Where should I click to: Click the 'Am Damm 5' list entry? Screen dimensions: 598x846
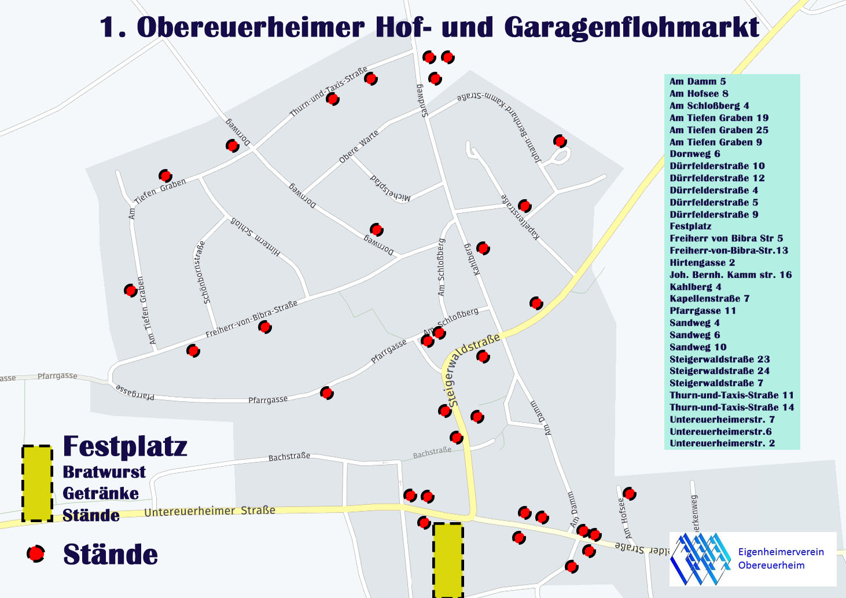pos(697,82)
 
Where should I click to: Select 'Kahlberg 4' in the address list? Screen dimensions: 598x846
pos(696,287)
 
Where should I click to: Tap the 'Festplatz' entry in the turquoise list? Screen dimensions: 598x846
pos(690,226)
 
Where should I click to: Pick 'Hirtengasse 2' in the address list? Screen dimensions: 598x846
pos(702,262)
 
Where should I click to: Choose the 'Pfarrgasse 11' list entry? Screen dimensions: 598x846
pos(702,311)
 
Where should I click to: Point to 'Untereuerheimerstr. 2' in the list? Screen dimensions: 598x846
pos(722,443)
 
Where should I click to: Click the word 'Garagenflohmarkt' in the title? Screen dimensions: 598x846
pos(631,28)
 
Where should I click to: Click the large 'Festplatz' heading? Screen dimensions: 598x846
pos(125,446)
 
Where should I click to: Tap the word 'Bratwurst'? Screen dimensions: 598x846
pos(104,472)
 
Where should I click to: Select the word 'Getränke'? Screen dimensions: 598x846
pos(101,493)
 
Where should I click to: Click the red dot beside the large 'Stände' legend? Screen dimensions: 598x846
pos(36,554)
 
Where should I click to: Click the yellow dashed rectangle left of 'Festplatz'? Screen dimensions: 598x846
pos(37,483)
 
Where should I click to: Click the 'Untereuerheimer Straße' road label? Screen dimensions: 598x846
pos(209,512)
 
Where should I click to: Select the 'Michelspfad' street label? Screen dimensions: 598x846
pos(391,188)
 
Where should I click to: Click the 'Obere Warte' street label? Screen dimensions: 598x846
pos(359,146)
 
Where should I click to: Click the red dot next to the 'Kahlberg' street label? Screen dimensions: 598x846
pos(483,248)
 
